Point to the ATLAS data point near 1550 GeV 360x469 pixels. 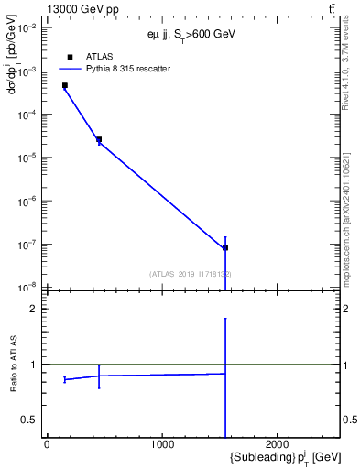coord(225,247)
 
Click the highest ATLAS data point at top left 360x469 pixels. coord(65,85)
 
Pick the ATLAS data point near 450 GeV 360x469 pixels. coord(99,139)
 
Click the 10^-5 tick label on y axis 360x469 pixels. coord(27,158)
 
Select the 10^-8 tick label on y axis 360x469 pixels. coord(27,288)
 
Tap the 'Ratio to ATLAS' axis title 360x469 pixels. coord(14,364)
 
